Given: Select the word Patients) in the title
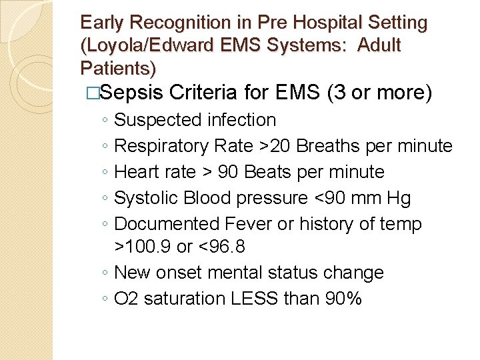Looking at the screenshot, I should [x=118, y=68].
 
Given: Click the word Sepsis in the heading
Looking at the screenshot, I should [x=135, y=93].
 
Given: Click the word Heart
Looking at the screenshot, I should [x=136, y=172].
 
